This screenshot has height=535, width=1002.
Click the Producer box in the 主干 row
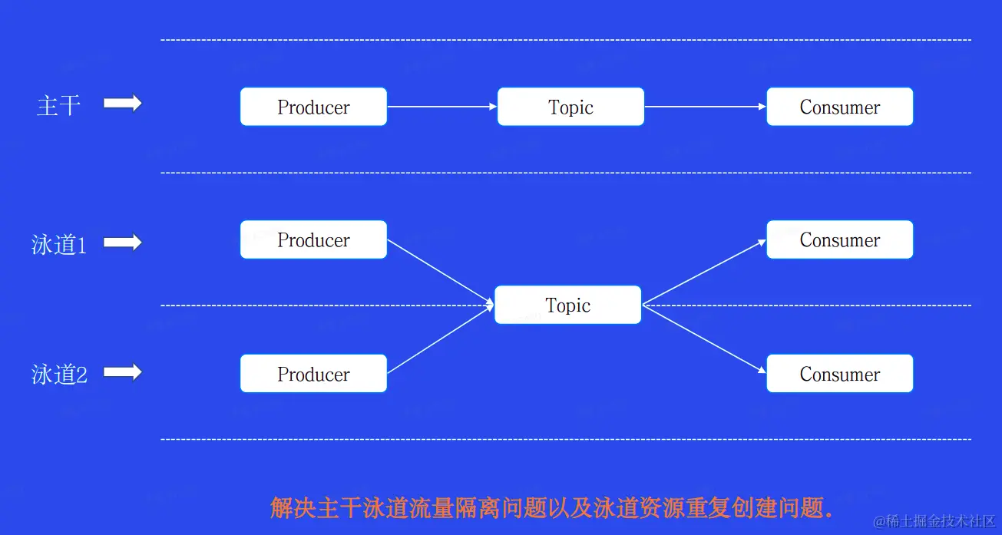click(x=313, y=107)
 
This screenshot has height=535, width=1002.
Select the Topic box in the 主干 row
click(x=570, y=107)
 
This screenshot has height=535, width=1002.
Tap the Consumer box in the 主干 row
click(x=840, y=107)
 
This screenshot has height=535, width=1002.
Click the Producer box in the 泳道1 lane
click(x=313, y=239)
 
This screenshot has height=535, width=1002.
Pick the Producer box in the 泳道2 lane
click(x=313, y=373)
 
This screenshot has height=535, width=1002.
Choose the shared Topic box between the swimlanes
click(x=567, y=305)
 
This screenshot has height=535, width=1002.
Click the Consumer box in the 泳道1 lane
click(x=840, y=239)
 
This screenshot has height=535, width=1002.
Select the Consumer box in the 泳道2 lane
click(x=840, y=373)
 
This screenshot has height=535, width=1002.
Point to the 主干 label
click(x=58, y=106)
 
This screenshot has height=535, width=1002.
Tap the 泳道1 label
click(x=58, y=245)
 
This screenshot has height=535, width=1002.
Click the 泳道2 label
click(x=59, y=375)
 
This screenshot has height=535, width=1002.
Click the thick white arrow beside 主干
click(x=123, y=104)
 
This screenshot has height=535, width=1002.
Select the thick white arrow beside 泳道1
click(x=123, y=243)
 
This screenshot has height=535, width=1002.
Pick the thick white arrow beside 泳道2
click(x=123, y=372)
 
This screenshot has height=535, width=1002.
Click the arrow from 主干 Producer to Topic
click(x=442, y=107)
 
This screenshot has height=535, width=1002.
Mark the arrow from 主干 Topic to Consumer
click(x=706, y=107)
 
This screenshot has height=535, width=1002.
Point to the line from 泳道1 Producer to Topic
click(x=441, y=272)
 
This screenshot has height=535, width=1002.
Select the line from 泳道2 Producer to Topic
click(x=441, y=339)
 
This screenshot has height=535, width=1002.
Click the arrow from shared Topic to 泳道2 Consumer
click(x=704, y=339)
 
